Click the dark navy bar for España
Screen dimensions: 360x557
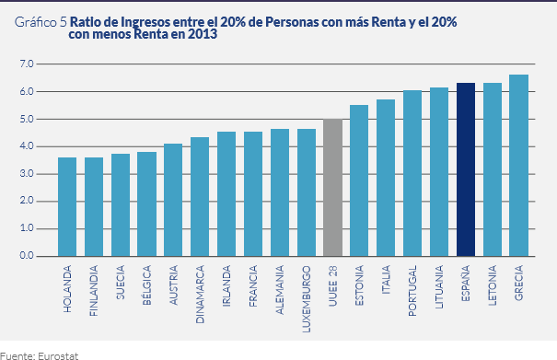[466, 169]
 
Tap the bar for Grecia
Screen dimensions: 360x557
[518, 166]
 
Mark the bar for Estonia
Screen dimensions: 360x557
[359, 180]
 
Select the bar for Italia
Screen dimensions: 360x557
[386, 178]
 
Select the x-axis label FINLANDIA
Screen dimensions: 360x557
[94, 290]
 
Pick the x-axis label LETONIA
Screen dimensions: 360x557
[493, 285]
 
